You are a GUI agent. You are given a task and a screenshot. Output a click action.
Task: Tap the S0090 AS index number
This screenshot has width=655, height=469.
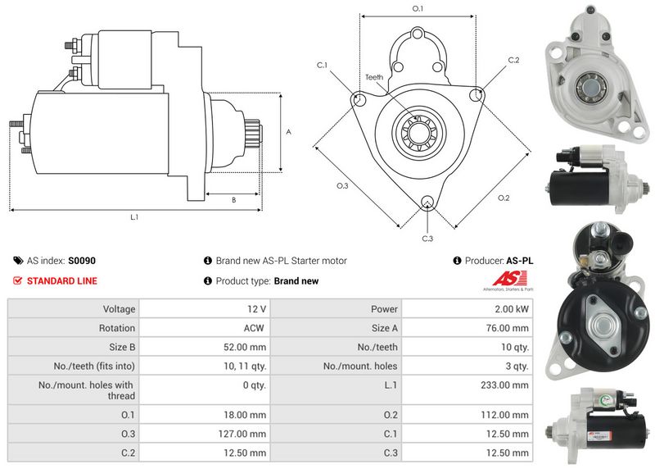tap(82, 261)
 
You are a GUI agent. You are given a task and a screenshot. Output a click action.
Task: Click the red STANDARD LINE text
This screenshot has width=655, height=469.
tap(62, 280)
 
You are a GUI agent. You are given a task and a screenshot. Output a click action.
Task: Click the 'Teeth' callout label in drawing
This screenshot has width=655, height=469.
tap(373, 78)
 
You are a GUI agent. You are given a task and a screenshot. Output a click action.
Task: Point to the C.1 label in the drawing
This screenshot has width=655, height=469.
tap(322, 65)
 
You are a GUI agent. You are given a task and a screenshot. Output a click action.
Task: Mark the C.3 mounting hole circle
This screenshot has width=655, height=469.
tap(427, 203)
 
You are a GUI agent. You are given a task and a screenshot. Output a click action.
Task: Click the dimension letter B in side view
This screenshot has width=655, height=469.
tap(233, 199)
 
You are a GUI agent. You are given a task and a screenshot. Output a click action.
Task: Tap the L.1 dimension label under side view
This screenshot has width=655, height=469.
tap(134, 217)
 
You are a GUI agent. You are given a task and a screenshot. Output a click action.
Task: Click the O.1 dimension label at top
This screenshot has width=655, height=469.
tap(417, 8)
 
